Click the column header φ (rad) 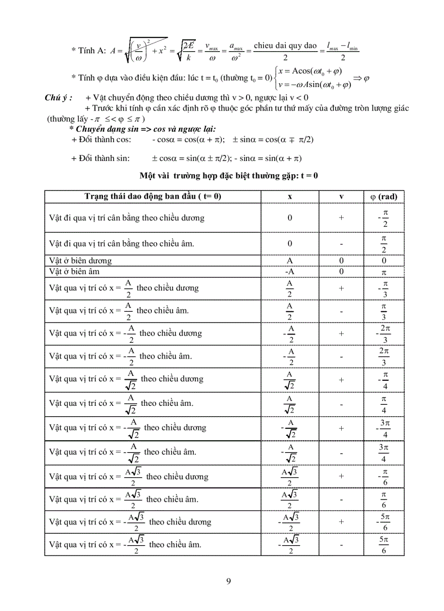(x=384, y=196)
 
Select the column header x (x=289, y=196)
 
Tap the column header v (x=341, y=196)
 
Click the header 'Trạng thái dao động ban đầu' (x=153, y=196)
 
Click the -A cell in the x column (x=289, y=271)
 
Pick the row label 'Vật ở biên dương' (x=81, y=261)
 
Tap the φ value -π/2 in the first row (x=384, y=218)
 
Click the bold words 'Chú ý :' (x=58, y=97)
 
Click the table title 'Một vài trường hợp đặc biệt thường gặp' (x=229, y=176)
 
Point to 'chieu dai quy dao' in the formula (x=285, y=46)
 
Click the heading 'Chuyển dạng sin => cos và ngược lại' (x=142, y=129)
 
